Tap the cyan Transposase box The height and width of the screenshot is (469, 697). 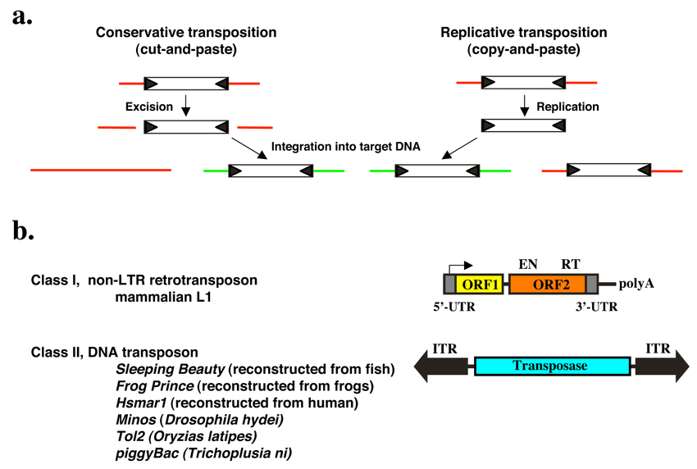pos(553,367)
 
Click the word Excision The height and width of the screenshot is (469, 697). pos(148,107)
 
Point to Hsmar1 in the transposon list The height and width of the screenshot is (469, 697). pos(139,403)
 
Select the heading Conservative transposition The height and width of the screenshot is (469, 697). pos(186,33)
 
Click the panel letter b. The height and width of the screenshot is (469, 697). pos(23,230)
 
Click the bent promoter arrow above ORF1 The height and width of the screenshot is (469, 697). pos(461,266)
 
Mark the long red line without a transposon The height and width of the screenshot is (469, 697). pos(101,170)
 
